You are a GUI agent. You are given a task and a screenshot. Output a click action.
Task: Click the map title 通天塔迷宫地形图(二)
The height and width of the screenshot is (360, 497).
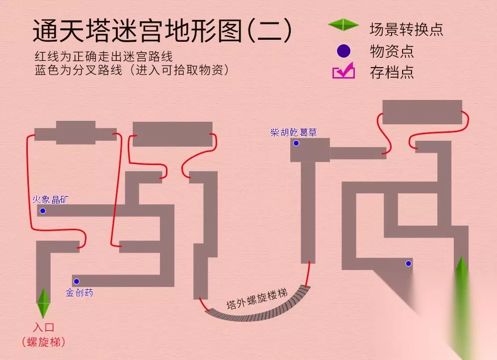coord(163,30)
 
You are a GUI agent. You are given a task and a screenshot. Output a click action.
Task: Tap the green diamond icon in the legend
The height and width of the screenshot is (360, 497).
coord(343,25)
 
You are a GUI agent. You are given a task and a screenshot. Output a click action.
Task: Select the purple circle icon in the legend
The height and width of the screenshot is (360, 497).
coord(343,51)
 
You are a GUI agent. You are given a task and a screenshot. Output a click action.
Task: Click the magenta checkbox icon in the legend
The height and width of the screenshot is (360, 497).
coord(343,71)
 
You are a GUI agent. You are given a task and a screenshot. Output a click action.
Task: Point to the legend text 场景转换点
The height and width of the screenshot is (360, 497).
coord(406,29)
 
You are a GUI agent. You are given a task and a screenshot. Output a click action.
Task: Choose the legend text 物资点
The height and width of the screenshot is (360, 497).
coord(392,51)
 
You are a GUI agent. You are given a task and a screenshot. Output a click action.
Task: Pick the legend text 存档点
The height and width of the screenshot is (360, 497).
coord(392,72)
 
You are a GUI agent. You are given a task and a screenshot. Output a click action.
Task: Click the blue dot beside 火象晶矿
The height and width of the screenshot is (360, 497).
coord(43,211)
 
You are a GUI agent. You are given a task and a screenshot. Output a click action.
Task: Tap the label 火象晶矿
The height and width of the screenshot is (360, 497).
coord(50,199)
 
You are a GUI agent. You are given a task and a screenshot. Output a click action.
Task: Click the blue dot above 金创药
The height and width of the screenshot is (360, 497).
coord(77,281)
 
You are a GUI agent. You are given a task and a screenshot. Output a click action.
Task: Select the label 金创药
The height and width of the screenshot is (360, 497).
coord(79,292)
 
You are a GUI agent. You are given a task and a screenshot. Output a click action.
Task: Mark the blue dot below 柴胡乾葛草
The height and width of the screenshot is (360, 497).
coord(296,143)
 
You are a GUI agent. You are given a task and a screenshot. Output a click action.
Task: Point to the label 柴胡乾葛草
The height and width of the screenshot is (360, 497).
coord(294,132)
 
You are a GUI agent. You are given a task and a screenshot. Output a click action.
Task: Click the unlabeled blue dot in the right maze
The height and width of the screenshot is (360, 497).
coord(409,263)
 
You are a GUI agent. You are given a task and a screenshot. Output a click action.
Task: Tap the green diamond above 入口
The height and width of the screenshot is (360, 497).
coord(43,303)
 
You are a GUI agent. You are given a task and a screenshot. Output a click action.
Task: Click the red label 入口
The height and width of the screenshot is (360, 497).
coord(44,327)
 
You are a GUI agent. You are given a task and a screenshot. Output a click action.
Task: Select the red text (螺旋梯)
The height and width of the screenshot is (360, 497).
coord(44,342)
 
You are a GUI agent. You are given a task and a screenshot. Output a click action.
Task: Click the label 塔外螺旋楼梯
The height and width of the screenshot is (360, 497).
coord(257,299)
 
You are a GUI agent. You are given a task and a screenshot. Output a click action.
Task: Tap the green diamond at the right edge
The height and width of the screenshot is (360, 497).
coord(462,273)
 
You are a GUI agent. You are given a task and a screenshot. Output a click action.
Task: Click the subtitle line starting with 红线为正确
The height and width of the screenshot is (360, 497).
coord(104,57)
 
